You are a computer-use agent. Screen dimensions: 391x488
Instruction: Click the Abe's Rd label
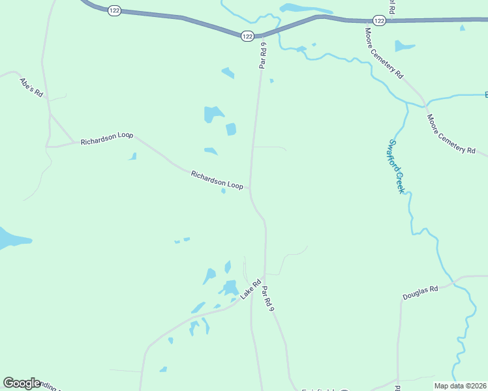[31, 87]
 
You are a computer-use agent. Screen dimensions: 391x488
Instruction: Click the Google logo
[22, 383]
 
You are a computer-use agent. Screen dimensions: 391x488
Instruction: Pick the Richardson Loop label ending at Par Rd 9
[217, 180]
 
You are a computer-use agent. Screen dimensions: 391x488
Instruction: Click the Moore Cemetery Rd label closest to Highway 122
[384, 53]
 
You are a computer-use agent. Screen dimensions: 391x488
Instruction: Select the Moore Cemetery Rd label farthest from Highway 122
[451, 134]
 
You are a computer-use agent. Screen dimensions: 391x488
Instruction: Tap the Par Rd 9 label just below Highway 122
[264, 55]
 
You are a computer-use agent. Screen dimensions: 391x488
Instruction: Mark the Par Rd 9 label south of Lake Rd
[267, 297]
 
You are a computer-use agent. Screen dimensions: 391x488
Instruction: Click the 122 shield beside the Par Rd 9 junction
[247, 36]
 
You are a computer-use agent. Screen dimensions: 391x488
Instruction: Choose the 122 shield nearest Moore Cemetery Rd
[380, 21]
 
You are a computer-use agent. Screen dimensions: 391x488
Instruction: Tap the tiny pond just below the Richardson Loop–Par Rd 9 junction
[223, 191]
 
